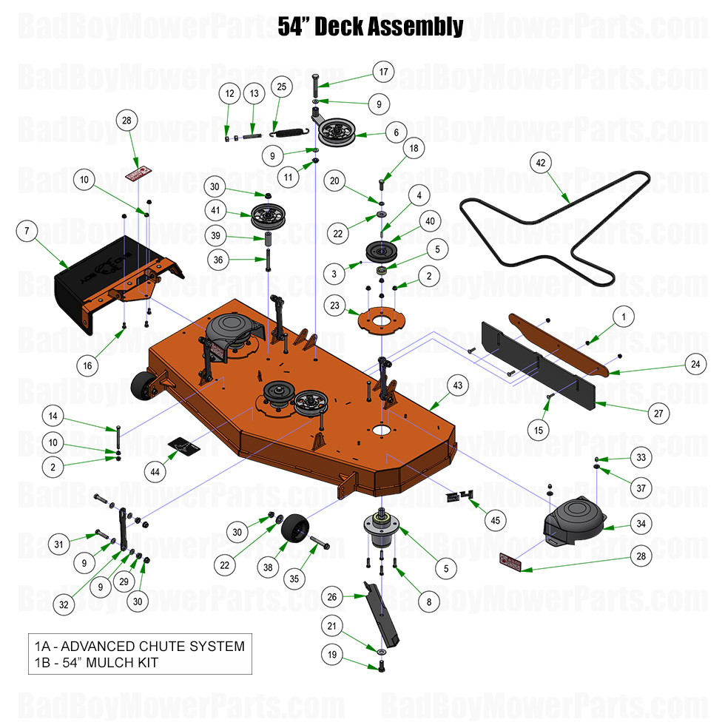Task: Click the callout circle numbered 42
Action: point(540,162)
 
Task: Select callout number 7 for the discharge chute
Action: point(26,232)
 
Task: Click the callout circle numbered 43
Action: point(457,385)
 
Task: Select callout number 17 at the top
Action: point(383,72)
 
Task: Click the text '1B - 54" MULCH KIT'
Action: point(96,662)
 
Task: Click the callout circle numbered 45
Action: point(495,520)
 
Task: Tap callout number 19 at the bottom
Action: point(332,654)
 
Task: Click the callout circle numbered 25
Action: point(281,87)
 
